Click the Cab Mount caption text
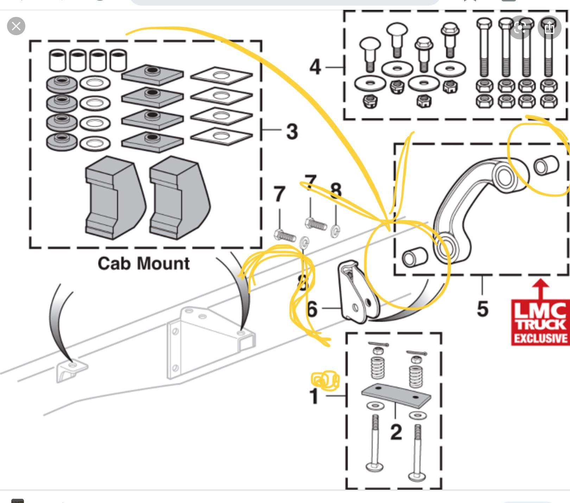pos(144,263)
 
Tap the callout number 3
pos(292,132)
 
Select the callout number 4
pos(315,66)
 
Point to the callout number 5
pos(482,309)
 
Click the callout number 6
pos(312,309)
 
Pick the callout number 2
pos(396,432)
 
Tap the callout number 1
pos(314,396)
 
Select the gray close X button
pos(16,26)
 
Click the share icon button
pos(549,27)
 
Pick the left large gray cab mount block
pos(114,198)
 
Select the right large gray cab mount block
pos(179,198)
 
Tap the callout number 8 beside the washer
pos(336,191)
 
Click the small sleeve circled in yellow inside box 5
pos(546,165)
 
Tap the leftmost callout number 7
pos(279,194)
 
